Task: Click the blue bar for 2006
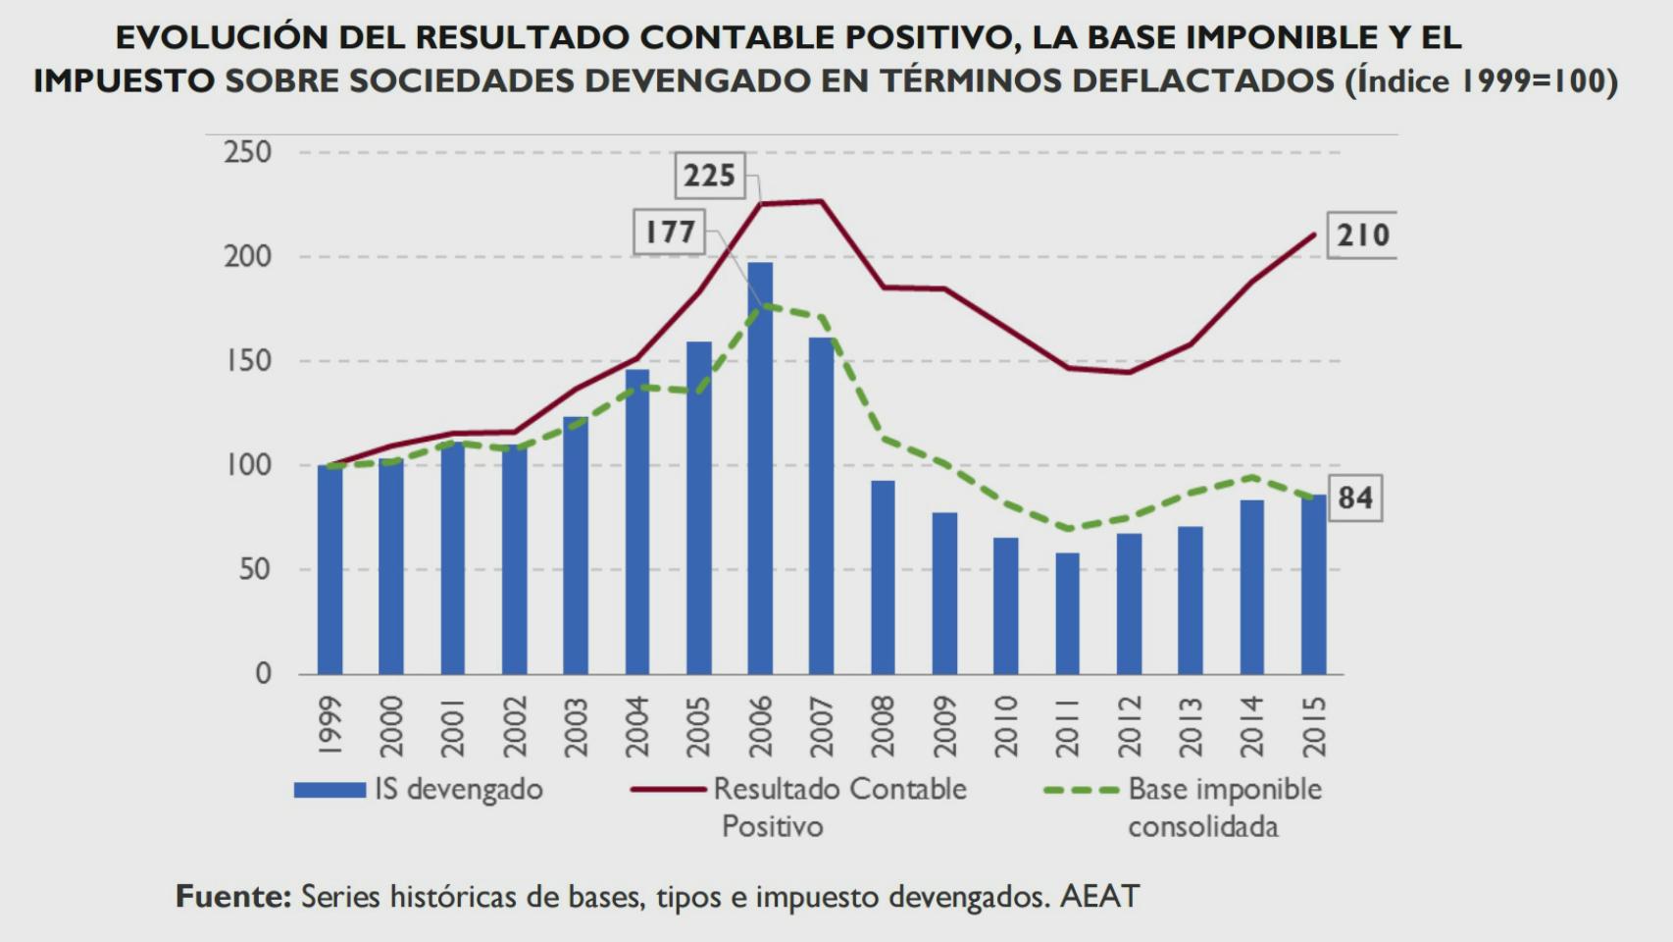tap(760, 468)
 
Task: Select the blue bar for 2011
tap(1067, 613)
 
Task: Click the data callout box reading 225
tap(709, 177)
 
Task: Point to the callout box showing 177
tap(670, 233)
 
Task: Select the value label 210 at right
tap(1362, 235)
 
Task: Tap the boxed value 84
tap(1354, 497)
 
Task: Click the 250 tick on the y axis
tap(248, 152)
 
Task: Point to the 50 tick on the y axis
tap(255, 569)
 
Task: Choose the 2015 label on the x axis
tap(1313, 726)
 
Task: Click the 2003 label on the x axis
tap(576, 726)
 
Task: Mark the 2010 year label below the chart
tap(1006, 726)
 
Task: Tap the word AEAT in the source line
tap(1099, 896)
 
